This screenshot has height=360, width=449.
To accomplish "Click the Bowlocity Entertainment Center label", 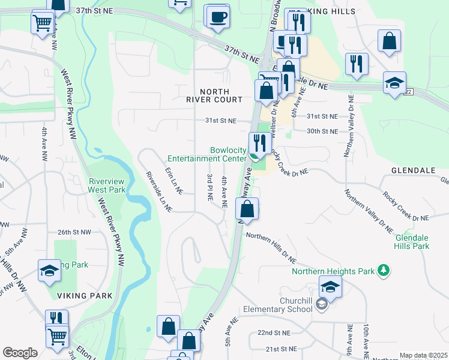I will click(x=207, y=154).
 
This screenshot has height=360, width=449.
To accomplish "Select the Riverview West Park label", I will click(x=106, y=185).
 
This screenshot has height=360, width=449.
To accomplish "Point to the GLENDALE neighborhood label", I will click(x=412, y=170).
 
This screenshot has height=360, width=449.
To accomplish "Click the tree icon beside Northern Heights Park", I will click(x=384, y=271).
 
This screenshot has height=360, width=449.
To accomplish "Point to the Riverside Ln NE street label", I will click(x=158, y=191).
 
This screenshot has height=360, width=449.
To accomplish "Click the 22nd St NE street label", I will click(x=274, y=332).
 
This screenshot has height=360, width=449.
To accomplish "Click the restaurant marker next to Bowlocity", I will click(x=259, y=143).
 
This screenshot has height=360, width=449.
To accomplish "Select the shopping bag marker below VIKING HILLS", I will click(x=389, y=42).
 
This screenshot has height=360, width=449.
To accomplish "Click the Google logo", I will click(x=20, y=353).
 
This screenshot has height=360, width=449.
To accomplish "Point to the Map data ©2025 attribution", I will click(x=423, y=355).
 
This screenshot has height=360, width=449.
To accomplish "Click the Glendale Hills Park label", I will click(x=412, y=242).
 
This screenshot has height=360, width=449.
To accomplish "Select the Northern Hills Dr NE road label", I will click(x=271, y=248).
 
